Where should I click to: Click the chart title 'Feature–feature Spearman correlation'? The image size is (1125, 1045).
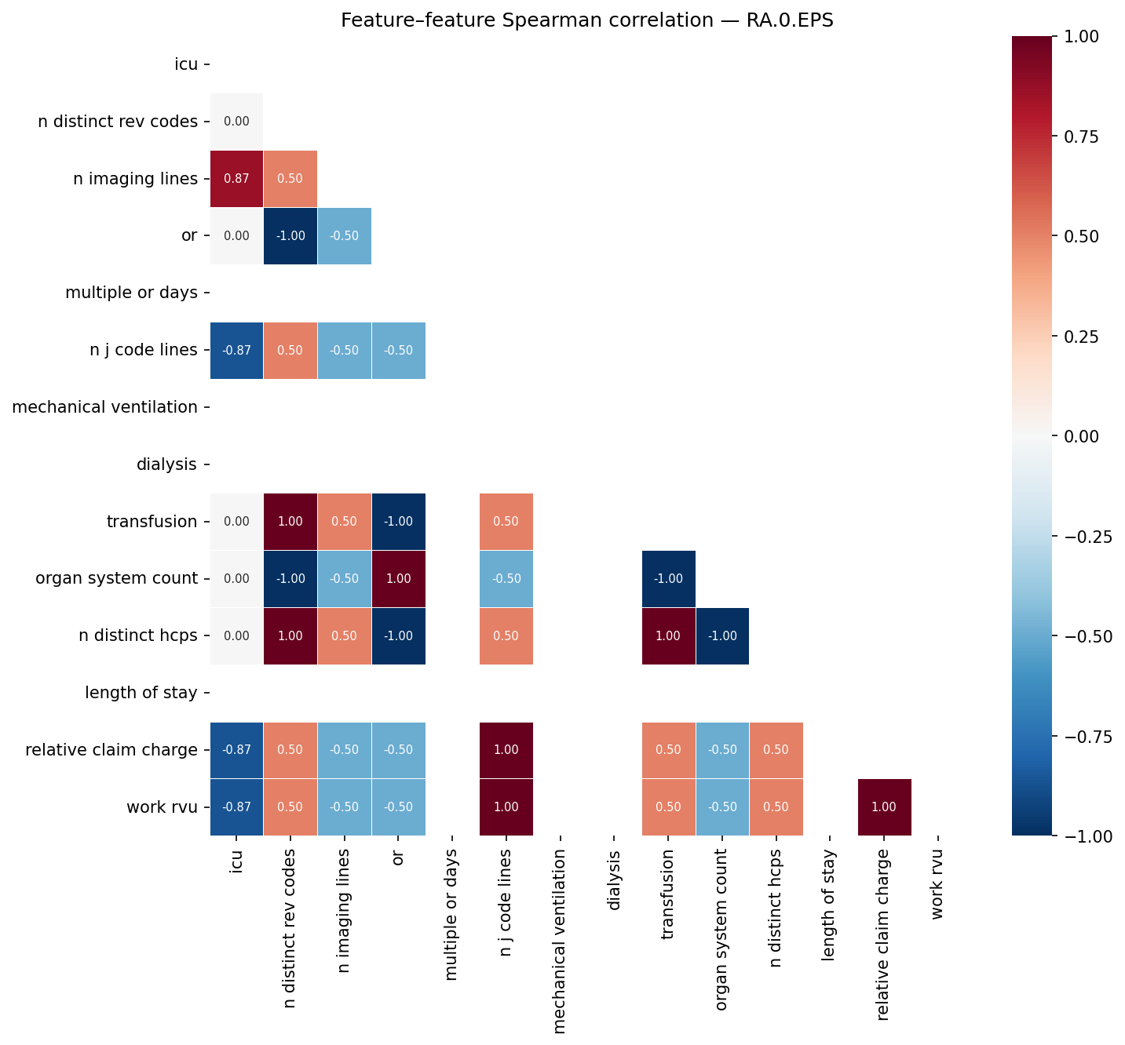coord(586,20)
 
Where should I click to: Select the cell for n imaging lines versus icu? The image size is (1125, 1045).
coord(236,179)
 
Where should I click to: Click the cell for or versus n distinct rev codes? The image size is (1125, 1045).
coord(290,236)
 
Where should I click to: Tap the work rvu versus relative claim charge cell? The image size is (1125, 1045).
coord(884,807)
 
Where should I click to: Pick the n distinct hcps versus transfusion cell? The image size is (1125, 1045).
coord(668,636)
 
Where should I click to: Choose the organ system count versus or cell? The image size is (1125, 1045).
coord(398,579)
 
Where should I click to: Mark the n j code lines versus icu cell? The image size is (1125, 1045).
coord(236,351)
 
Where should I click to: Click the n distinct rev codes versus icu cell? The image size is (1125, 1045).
coord(236,122)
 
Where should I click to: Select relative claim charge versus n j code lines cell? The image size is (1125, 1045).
coord(506,750)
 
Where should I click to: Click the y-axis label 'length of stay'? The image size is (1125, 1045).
coord(141,693)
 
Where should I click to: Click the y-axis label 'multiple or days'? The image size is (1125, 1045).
coord(131,293)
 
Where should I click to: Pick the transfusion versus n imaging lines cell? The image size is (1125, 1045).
coord(345,522)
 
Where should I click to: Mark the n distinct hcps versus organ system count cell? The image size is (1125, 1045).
coord(722,636)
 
